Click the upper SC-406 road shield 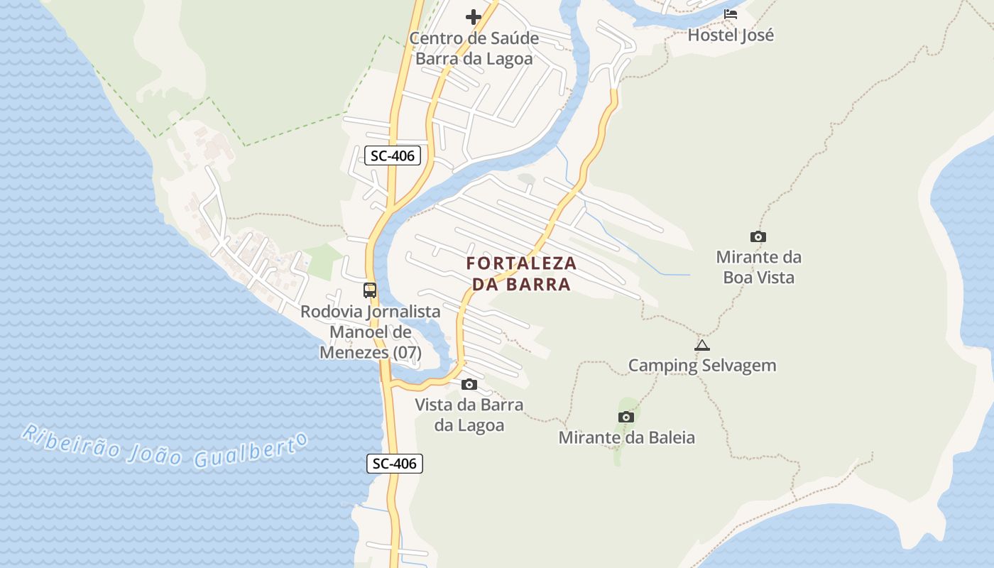[393, 155]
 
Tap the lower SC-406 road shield [395, 464]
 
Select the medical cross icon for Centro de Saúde [474, 17]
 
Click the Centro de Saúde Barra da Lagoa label [474, 48]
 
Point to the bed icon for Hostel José [731, 14]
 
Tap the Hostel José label [731, 35]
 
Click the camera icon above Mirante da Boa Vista [758, 237]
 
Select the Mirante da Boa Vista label [758, 267]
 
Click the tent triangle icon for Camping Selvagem [702, 346]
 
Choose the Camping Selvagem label [702, 366]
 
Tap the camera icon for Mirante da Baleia [626, 417]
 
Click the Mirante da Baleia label [626, 437]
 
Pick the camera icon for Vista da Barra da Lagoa [469, 385]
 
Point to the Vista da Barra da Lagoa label [469, 415]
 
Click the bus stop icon [370, 290]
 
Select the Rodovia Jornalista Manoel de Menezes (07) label [370, 332]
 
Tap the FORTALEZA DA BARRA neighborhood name [521, 273]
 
